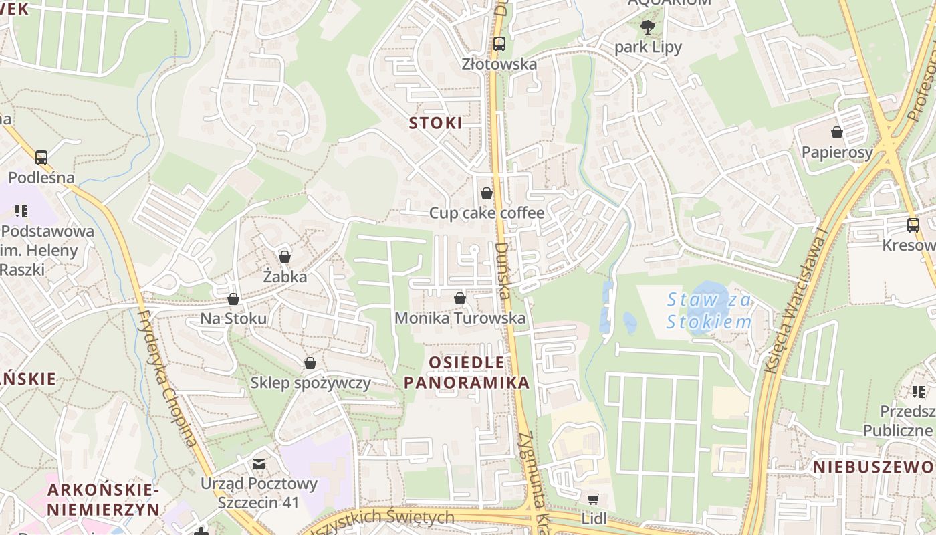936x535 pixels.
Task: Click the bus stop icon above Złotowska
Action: click(499, 44)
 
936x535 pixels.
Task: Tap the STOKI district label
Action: click(436, 123)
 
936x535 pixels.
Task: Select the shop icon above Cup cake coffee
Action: click(487, 193)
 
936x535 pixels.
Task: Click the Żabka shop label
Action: click(285, 276)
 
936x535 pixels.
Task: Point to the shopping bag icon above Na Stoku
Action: click(233, 299)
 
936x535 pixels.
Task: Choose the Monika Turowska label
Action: click(460, 318)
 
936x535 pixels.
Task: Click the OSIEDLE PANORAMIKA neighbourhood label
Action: click(467, 372)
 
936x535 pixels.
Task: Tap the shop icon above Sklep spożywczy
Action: click(310, 363)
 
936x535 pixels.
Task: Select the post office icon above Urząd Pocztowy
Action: click(259, 463)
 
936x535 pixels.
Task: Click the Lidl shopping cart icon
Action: click(593, 499)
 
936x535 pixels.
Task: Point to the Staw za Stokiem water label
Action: click(709, 311)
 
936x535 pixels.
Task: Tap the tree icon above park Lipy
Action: click(647, 27)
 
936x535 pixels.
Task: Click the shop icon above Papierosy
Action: click(836, 132)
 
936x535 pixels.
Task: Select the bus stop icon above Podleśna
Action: click(41, 158)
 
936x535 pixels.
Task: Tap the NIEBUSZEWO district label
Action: click(873, 467)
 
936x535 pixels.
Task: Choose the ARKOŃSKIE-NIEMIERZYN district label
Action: click(104, 500)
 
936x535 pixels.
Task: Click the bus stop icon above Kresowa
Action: click(913, 225)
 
